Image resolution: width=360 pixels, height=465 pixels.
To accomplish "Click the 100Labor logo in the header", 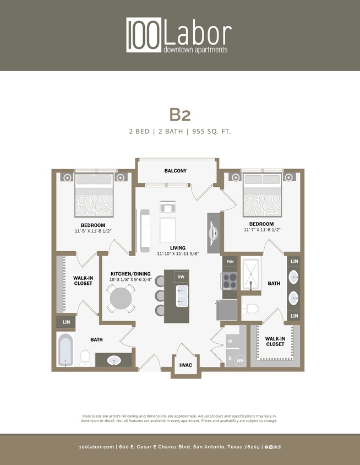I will point(179,35).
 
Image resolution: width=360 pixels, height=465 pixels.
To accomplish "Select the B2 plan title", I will point(180,114).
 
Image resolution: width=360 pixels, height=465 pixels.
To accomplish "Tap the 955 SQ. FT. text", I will point(212,131).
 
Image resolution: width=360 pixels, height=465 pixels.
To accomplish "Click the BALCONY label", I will point(175,171).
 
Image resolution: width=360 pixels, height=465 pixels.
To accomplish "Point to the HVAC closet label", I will point(185,365).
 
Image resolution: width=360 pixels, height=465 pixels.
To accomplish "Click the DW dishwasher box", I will point(181,277).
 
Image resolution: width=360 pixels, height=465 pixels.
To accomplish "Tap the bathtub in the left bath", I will point(66,350).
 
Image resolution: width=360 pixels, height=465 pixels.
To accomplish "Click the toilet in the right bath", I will point(251,308).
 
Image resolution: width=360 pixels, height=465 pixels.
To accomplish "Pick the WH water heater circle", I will point(240,361).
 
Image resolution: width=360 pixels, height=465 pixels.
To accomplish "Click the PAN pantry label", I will point(230,261).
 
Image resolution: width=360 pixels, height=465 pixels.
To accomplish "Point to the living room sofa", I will point(145,229).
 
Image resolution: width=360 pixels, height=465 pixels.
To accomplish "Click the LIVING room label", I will point(177,248).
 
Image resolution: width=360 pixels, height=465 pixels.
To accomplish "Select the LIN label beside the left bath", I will point(66,322).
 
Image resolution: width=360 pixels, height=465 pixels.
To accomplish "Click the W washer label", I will point(230,341).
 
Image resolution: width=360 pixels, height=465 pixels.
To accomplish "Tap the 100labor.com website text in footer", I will point(96,447).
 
